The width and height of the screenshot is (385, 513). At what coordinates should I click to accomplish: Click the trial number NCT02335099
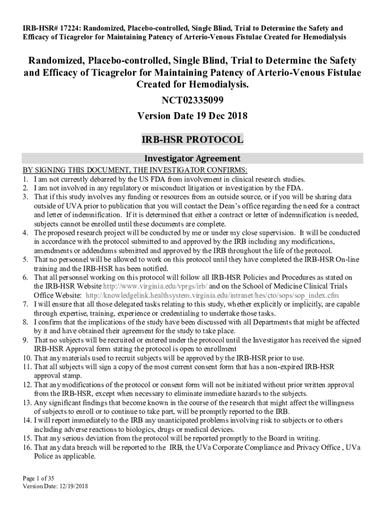(192, 100)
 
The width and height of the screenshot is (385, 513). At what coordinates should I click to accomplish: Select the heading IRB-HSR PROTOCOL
(192, 139)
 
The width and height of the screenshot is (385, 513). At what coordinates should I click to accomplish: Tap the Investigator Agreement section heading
(192, 158)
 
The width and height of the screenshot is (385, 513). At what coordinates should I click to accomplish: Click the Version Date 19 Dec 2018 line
(192, 116)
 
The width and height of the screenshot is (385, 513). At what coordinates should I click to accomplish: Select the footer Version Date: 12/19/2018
(55, 486)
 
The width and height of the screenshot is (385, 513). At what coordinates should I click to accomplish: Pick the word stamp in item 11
(73, 376)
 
